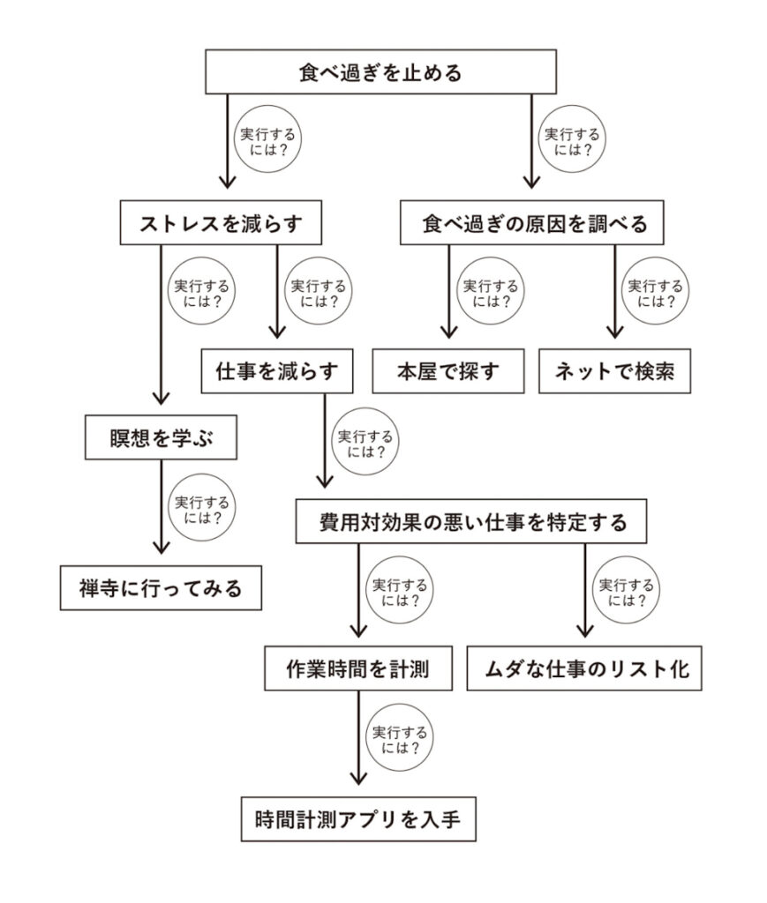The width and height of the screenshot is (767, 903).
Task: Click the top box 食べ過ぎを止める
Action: [380, 71]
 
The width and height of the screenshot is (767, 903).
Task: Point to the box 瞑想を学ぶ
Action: [162, 437]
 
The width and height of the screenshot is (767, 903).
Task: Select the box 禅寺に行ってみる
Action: [161, 587]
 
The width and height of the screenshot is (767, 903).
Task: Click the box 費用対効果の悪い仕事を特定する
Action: [472, 522]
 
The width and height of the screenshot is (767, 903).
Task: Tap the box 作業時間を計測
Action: [358, 668]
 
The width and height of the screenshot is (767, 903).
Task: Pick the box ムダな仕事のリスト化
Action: [584, 668]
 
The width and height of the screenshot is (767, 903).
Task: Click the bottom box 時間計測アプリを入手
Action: [359, 819]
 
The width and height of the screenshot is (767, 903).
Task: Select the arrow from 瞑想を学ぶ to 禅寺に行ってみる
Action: [162, 512]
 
